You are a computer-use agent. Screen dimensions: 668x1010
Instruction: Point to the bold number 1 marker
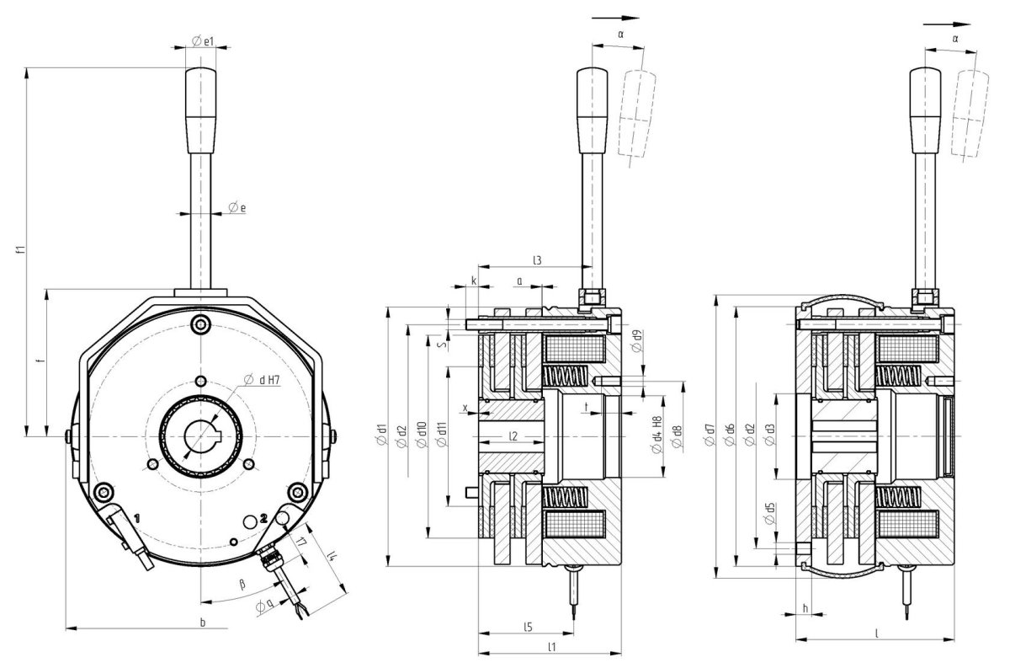pyautogui.click(x=136, y=513)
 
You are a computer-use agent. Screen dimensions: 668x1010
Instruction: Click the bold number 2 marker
pyautogui.click(x=263, y=520)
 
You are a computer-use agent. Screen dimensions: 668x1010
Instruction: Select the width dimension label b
pyautogui.click(x=202, y=622)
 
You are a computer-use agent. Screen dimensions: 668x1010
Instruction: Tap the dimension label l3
pyautogui.click(x=536, y=262)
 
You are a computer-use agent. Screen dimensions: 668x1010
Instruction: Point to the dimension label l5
pyautogui.click(x=527, y=627)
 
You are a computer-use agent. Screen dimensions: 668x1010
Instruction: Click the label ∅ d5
pyautogui.click(x=769, y=514)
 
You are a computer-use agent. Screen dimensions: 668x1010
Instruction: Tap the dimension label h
pyautogui.click(x=805, y=607)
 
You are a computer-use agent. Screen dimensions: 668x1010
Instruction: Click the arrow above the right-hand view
pyautogui.click(x=942, y=25)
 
